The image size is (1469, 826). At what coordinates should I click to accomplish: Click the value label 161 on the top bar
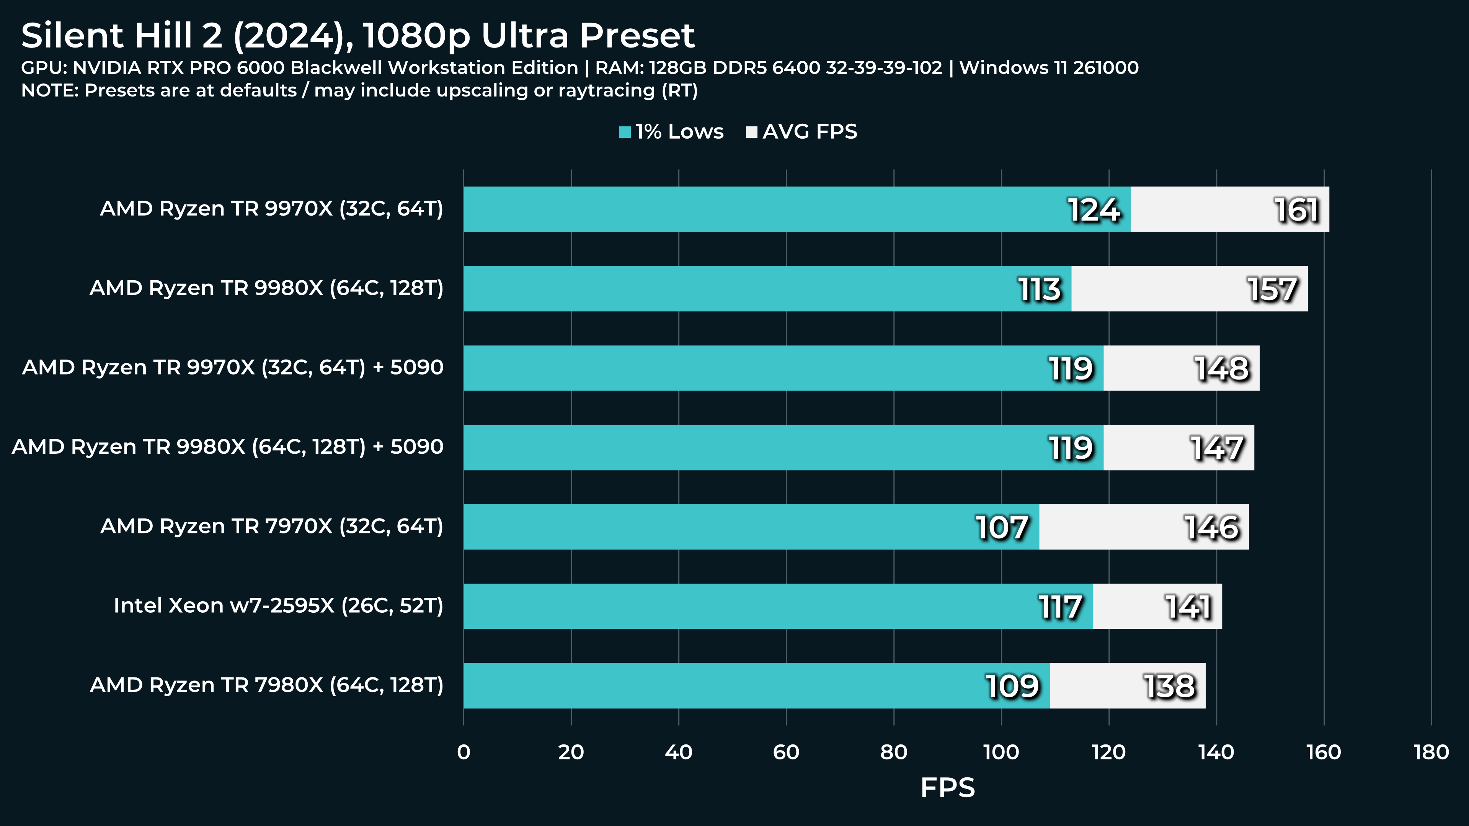point(1297,210)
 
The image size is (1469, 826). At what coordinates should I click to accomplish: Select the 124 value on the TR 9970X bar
point(1094,210)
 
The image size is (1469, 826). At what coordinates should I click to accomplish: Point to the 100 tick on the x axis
point(1001,752)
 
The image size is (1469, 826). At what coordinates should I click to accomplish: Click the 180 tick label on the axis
point(1431,752)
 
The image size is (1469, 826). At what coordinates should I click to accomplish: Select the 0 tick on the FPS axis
point(464,752)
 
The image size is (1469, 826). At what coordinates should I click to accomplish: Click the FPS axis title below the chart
point(947,788)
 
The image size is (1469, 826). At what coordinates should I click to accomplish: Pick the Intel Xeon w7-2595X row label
point(278,605)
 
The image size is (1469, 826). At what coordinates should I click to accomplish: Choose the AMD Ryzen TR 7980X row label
point(266,685)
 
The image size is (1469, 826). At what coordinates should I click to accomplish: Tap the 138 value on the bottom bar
point(1169,686)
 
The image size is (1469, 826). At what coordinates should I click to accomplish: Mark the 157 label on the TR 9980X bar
point(1272,289)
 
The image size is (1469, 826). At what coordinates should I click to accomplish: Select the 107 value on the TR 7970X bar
point(1002,527)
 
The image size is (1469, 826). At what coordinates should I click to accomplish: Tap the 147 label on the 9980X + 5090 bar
point(1217,448)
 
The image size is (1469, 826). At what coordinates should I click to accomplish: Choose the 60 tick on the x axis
point(786,752)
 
